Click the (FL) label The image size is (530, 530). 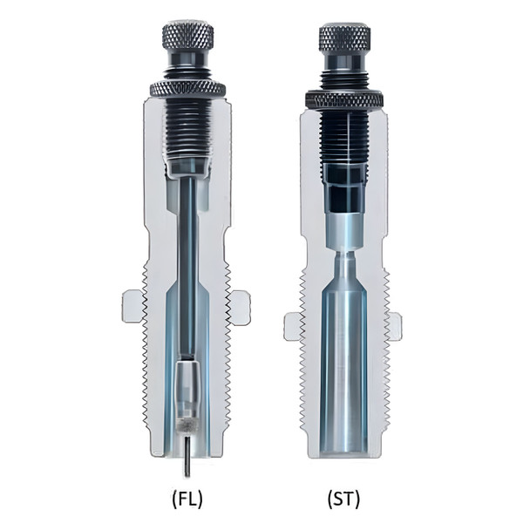click(187, 499)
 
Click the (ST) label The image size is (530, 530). click(343, 499)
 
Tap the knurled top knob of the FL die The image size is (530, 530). click(187, 36)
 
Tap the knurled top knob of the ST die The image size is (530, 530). click(343, 38)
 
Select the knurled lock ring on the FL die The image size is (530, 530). click(187, 88)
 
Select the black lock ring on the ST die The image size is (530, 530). click(343, 99)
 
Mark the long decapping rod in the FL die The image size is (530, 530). click(187, 262)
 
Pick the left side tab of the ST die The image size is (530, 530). click(293, 325)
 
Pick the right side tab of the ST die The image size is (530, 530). click(395, 325)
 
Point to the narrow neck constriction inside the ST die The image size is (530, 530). click(343, 261)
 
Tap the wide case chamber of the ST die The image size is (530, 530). click(343, 366)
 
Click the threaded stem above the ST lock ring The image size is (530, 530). click(343, 79)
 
